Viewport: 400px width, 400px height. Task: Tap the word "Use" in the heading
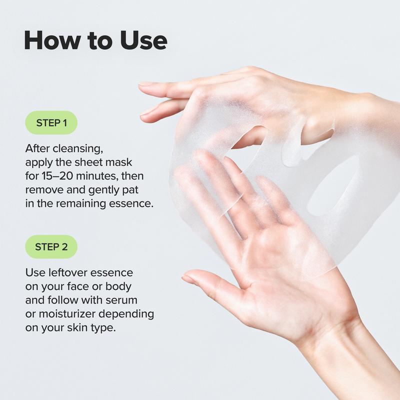point(144,40)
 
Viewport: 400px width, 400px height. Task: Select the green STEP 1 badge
point(51,122)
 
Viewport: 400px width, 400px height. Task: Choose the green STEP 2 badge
point(51,246)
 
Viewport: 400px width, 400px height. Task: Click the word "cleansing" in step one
point(78,148)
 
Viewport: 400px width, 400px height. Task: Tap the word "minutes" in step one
point(97,176)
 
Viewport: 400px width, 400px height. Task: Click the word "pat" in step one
point(130,190)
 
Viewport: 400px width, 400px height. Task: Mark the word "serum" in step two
point(121,300)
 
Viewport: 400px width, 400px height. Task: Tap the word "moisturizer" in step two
point(67,314)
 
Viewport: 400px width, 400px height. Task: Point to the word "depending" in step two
point(126,314)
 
